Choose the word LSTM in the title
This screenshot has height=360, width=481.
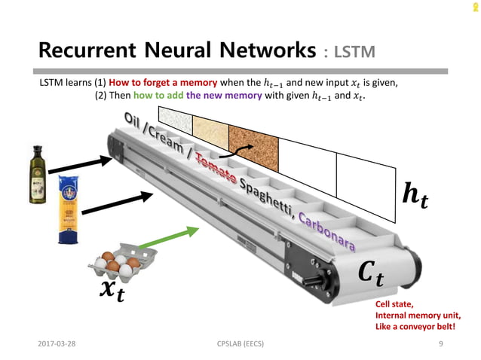tap(354, 52)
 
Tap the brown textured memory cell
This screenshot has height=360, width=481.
tap(255, 140)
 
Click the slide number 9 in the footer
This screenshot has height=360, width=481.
tap(440, 343)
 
